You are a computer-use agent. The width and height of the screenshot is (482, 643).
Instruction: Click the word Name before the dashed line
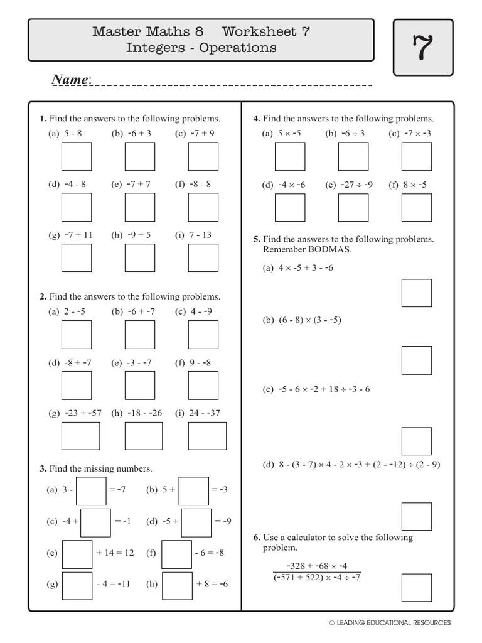pos(70,80)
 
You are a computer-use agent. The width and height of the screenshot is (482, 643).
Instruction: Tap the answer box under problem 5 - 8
pos(77,156)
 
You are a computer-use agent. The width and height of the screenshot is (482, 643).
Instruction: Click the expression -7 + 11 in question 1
pos(78,235)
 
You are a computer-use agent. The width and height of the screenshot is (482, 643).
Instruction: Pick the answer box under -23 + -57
pos(80,436)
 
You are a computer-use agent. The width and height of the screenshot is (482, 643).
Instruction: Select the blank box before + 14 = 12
pos(77,554)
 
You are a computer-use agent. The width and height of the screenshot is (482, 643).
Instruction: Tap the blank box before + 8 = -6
pos(177,585)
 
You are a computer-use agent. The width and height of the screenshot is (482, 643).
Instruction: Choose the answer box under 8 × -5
pos(417,207)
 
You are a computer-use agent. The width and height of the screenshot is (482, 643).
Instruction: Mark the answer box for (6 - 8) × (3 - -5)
pos(417,360)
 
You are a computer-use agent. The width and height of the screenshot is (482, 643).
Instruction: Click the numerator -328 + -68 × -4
pos(317,565)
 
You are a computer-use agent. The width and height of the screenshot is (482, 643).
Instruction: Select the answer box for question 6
pos(417,588)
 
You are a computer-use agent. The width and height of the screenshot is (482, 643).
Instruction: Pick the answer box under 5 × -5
pos(290,156)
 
